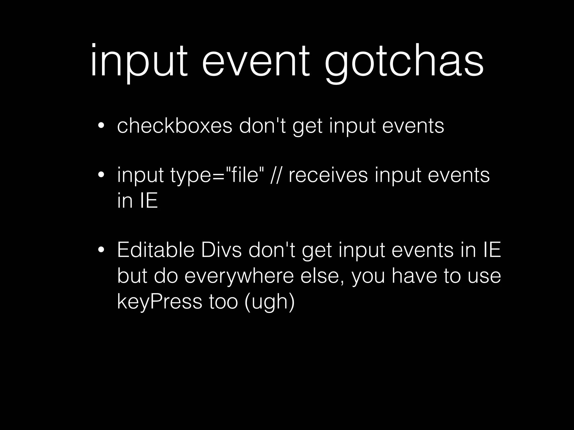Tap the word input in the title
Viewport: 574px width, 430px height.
[x=139, y=63]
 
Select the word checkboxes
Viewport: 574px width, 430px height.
[x=174, y=126]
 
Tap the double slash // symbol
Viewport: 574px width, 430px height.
[x=276, y=175]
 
